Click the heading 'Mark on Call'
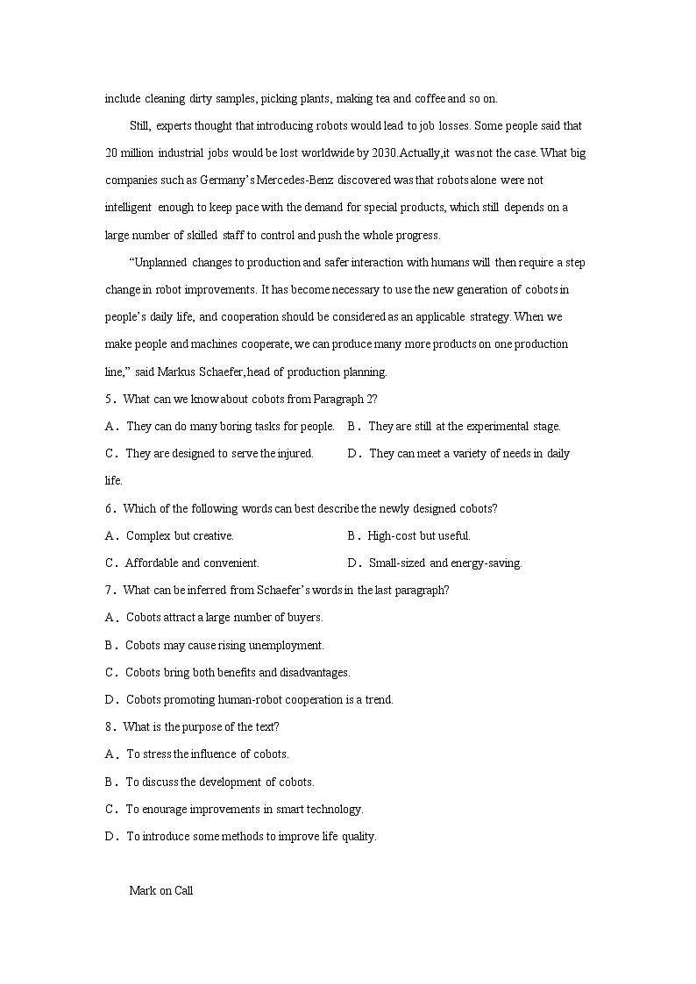pyautogui.click(x=160, y=891)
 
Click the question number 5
pyautogui.click(x=110, y=400)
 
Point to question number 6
pyautogui.click(x=110, y=508)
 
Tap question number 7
pyautogui.click(x=110, y=590)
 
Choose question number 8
pyautogui.click(x=110, y=726)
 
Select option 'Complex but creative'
pyautogui.click(x=180, y=535)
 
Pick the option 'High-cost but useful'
pyautogui.click(x=419, y=535)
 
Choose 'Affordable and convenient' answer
pyautogui.click(x=192, y=563)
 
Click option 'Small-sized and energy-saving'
pyautogui.click(x=444, y=563)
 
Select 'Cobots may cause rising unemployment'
pyautogui.click(x=224, y=645)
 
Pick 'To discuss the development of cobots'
pyautogui.click(x=219, y=782)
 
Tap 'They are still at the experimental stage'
pyautogui.click(x=464, y=427)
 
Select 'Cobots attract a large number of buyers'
pyautogui.click(x=224, y=617)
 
